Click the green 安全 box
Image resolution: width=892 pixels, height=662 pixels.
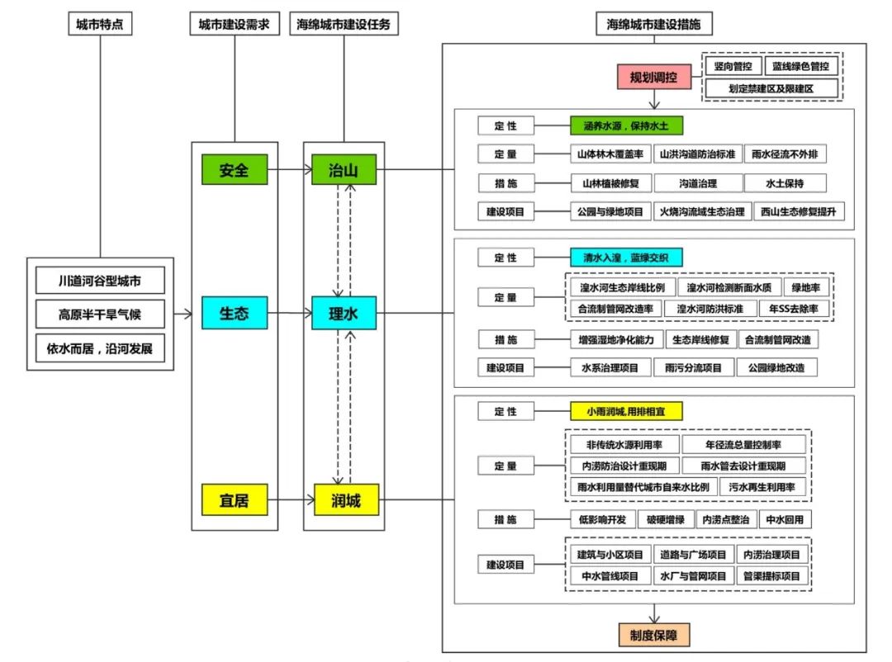234,171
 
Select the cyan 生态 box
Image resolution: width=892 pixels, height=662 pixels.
234,314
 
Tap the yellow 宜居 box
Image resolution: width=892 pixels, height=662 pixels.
234,499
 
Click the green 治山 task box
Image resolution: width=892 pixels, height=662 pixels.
344,171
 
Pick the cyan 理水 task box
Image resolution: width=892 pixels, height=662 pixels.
344,314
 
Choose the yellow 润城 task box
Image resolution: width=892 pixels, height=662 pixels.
344,499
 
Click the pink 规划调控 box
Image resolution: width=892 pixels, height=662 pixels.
653,78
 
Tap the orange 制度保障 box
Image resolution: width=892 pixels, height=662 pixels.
653,635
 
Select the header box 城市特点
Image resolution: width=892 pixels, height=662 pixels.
100,25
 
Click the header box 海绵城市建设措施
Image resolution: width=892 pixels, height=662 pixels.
653,25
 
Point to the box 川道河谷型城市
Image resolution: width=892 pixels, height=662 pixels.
100,281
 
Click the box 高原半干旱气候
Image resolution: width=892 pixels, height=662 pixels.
100,314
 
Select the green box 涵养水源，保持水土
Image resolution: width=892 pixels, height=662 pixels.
627,125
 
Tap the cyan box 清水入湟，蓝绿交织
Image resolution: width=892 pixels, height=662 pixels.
627,257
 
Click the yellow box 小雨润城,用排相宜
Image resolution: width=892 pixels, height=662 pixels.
627,411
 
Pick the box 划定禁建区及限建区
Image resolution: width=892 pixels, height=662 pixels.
771,87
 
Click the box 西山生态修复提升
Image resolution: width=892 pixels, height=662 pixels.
799,212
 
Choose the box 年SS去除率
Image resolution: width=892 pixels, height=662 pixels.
805,309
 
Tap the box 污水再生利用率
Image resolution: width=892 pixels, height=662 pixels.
762,487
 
